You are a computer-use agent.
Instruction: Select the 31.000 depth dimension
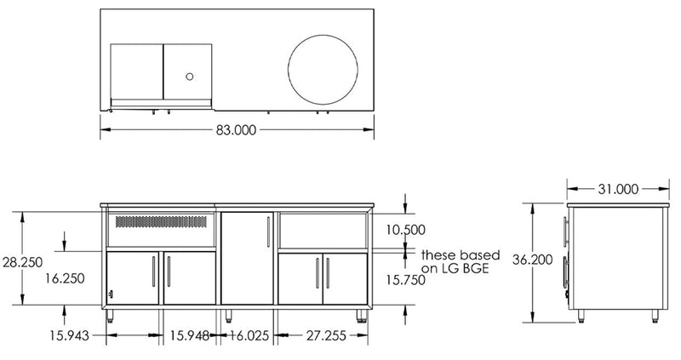617,190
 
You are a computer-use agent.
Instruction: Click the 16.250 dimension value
66,277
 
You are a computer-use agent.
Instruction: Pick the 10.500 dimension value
405,230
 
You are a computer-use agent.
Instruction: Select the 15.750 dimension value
405,278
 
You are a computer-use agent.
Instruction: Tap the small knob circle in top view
189,77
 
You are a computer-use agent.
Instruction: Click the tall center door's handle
269,231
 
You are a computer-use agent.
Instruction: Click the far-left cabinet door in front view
134,278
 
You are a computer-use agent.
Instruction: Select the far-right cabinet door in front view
345,278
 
